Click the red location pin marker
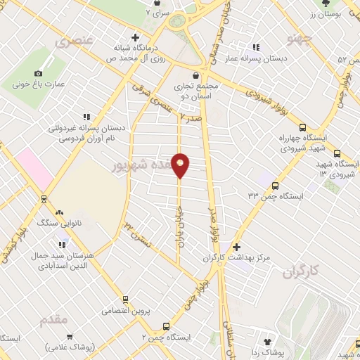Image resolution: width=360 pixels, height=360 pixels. click(181, 166)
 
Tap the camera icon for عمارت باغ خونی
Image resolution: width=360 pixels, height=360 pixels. click(38, 72)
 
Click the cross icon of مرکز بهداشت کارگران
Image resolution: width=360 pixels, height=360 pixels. click(236, 247)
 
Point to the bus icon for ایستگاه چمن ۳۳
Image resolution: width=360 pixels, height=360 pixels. click(274, 186)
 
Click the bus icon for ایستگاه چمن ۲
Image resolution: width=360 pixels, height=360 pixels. click(166, 326)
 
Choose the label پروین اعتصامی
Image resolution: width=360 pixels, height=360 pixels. click(124, 310)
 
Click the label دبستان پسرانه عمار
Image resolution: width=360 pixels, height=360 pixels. click(259, 59)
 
